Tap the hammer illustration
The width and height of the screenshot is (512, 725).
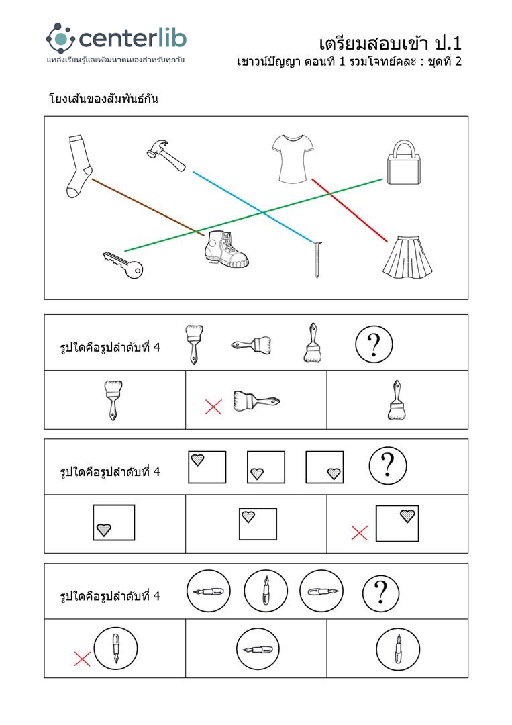pyautogui.click(x=166, y=155)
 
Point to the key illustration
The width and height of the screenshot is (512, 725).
pyautogui.click(x=122, y=264)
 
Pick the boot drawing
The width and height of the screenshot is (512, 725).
pyautogui.click(x=225, y=249)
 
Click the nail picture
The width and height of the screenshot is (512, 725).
pyautogui.click(x=317, y=259)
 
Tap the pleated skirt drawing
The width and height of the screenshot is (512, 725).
pyautogui.click(x=407, y=257)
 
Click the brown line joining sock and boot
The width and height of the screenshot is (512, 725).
pyautogui.click(x=148, y=207)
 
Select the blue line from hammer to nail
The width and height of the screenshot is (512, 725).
pyautogui.click(x=253, y=207)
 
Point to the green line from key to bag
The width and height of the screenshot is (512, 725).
pyautogui.click(x=254, y=215)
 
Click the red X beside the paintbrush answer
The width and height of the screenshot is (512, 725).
pyautogui.click(x=213, y=407)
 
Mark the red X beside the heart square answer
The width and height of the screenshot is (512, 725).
pyautogui.click(x=359, y=532)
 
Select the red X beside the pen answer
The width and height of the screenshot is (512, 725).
pyautogui.click(x=83, y=659)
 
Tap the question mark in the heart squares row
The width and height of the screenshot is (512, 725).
pyautogui.click(x=388, y=466)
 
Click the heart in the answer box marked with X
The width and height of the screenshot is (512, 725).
pyautogui.click(x=407, y=516)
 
